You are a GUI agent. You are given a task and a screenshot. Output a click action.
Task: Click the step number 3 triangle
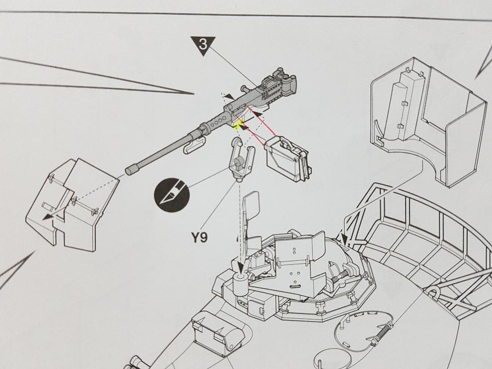[203, 45]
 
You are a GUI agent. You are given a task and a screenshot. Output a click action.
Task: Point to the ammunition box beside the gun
[286, 158]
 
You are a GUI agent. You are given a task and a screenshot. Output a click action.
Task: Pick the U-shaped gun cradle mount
[242, 157]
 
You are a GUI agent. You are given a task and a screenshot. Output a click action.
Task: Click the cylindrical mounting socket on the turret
[241, 283]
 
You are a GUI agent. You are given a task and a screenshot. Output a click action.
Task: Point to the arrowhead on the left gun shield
[46, 217]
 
